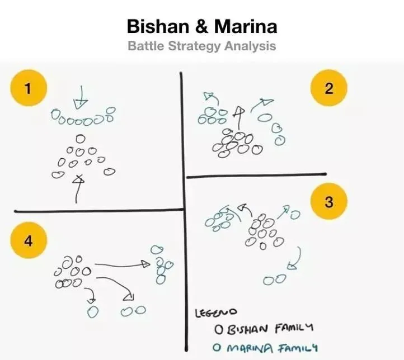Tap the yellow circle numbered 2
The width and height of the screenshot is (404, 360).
[329, 88]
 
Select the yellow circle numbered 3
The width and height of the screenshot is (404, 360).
[329, 202]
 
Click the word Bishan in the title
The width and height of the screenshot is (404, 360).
[157, 26]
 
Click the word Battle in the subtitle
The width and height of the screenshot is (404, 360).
[147, 46]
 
